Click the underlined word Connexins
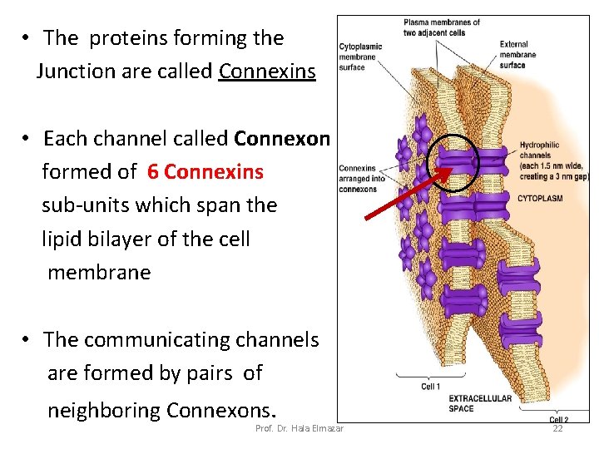tap(267, 72)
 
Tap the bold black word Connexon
tap(282, 138)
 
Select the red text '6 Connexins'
tap(205, 172)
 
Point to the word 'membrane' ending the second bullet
tap(99, 273)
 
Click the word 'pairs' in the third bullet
tap(207, 373)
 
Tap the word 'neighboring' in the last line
tap(104, 410)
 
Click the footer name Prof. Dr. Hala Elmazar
tap(300, 428)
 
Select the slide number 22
tap(557, 428)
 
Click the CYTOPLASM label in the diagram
tap(542, 199)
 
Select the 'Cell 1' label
tap(431, 387)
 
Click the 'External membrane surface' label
tap(517, 55)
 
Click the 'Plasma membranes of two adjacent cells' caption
tap(441, 27)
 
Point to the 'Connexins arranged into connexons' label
tap(358, 179)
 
